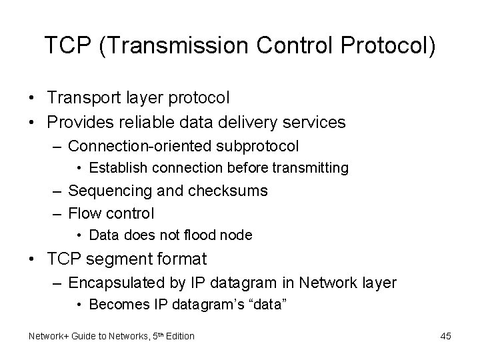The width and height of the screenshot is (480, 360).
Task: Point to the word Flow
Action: click(83, 213)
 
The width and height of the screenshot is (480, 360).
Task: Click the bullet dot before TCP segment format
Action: click(32, 259)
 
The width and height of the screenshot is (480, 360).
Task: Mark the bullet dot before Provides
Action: click(32, 122)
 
